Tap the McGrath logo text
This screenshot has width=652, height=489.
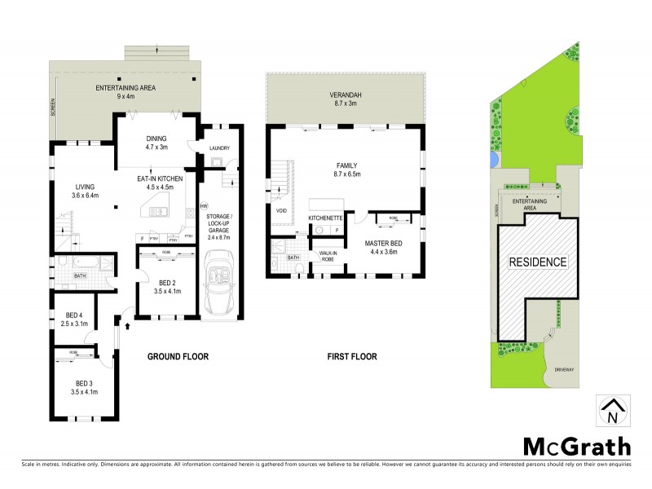coord(576,446)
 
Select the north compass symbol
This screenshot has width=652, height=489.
coord(612,412)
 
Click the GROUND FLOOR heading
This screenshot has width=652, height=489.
coord(178,356)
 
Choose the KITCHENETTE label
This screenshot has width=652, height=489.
coord(325,218)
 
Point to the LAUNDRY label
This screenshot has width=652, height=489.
coord(219,148)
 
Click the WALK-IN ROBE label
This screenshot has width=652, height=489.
coord(330,257)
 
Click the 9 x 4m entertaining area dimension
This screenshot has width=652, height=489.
coord(125,95)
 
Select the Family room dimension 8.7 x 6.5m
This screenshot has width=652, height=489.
coord(348,173)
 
